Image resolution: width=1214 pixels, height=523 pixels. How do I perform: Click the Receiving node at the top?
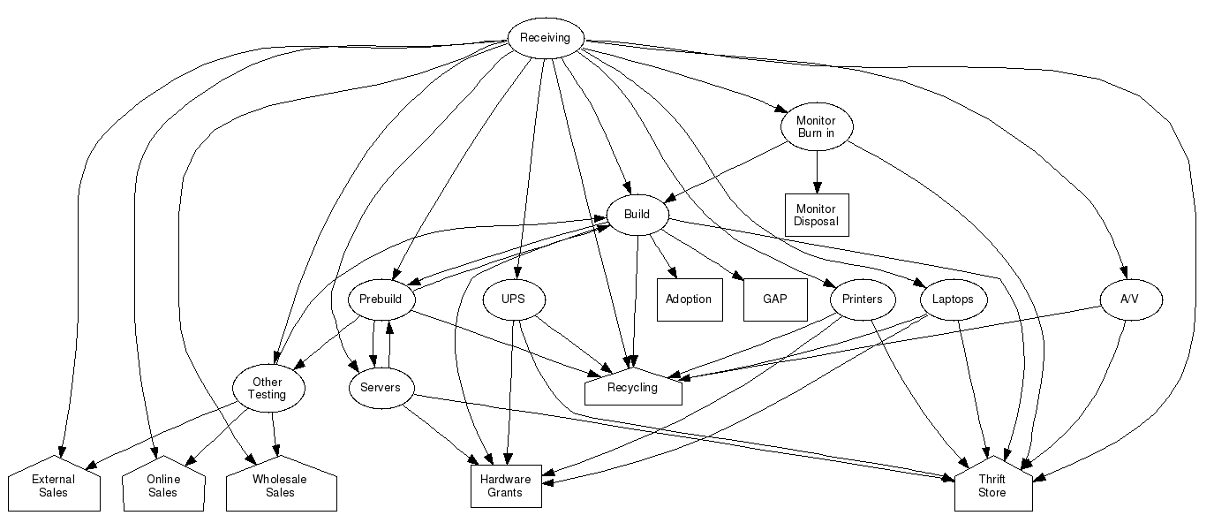[x=545, y=38]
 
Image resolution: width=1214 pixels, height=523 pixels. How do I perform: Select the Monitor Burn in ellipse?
[x=816, y=126]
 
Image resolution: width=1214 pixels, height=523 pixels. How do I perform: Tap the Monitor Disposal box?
[x=816, y=215]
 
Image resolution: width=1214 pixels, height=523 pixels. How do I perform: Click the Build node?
[x=637, y=215]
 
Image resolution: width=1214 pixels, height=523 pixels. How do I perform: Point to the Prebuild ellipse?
[x=381, y=299]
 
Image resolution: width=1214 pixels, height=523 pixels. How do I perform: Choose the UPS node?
[x=513, y=299]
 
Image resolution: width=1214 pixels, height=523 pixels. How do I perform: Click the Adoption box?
[x=689, y=299]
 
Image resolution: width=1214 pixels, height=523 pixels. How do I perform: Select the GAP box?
[x=774, y=299]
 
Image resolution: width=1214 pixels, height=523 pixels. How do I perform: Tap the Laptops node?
[x=952, y=299]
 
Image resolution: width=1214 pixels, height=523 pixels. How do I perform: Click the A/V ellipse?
[x=1129, y=299]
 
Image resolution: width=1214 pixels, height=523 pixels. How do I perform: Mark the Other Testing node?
[x=268, y=389]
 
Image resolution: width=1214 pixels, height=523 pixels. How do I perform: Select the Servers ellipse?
[x=381, y=388]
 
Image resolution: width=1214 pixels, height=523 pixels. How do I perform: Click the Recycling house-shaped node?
[x=633, y=388]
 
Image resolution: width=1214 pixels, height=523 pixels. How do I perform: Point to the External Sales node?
[x=53, y=486]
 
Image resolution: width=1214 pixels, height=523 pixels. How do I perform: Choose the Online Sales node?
[x=163, y=486]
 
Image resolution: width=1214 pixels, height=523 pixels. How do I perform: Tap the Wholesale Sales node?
[x=281, y=486]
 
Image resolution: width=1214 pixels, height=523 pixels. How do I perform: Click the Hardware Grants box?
[x=506, y=486]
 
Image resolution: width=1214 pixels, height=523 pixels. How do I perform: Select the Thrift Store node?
[x=992, y=486]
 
